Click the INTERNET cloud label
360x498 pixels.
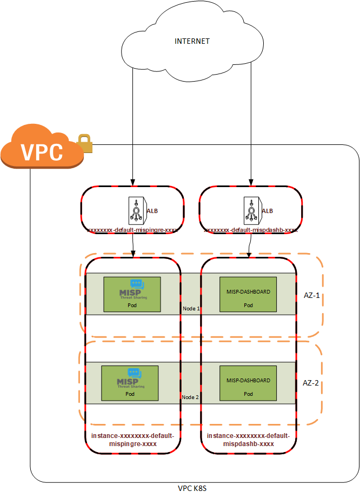pos(192,41)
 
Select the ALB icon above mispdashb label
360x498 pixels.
pos(252,210)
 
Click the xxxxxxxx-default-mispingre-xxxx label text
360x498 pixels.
pos(133,230)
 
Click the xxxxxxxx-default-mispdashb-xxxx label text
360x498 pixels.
pos(251,230)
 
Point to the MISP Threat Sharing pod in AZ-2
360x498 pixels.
pos(130,383)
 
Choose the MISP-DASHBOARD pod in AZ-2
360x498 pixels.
pos(248,383)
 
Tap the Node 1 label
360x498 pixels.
pos(191,308)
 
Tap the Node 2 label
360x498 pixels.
pos(191,397)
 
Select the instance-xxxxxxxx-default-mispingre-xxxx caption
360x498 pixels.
pos(132,440)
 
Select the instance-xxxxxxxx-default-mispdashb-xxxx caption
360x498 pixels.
pos(249,440)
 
